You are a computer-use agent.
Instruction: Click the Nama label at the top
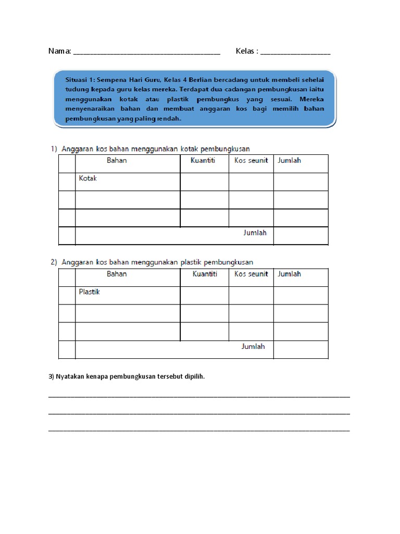click(59, 51)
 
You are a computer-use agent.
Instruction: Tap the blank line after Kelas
click(295, 53)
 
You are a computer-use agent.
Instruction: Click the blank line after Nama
click(147, 53)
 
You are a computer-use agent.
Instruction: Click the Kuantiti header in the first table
click(203, 161)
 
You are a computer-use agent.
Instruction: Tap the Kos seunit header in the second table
click(251, 274)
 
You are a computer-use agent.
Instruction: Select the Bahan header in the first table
click(117, 161)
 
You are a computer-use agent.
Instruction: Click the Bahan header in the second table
click(117, 274)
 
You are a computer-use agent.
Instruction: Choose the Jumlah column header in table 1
click(289, 161)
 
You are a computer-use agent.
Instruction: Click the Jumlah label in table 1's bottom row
click(255, 233)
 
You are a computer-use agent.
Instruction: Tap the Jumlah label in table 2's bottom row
click(253, 347)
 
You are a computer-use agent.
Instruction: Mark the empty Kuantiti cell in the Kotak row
click(204, 181)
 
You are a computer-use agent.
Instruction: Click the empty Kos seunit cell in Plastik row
click(251, 295)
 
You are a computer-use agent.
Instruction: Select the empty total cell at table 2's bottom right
click(301, 349)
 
